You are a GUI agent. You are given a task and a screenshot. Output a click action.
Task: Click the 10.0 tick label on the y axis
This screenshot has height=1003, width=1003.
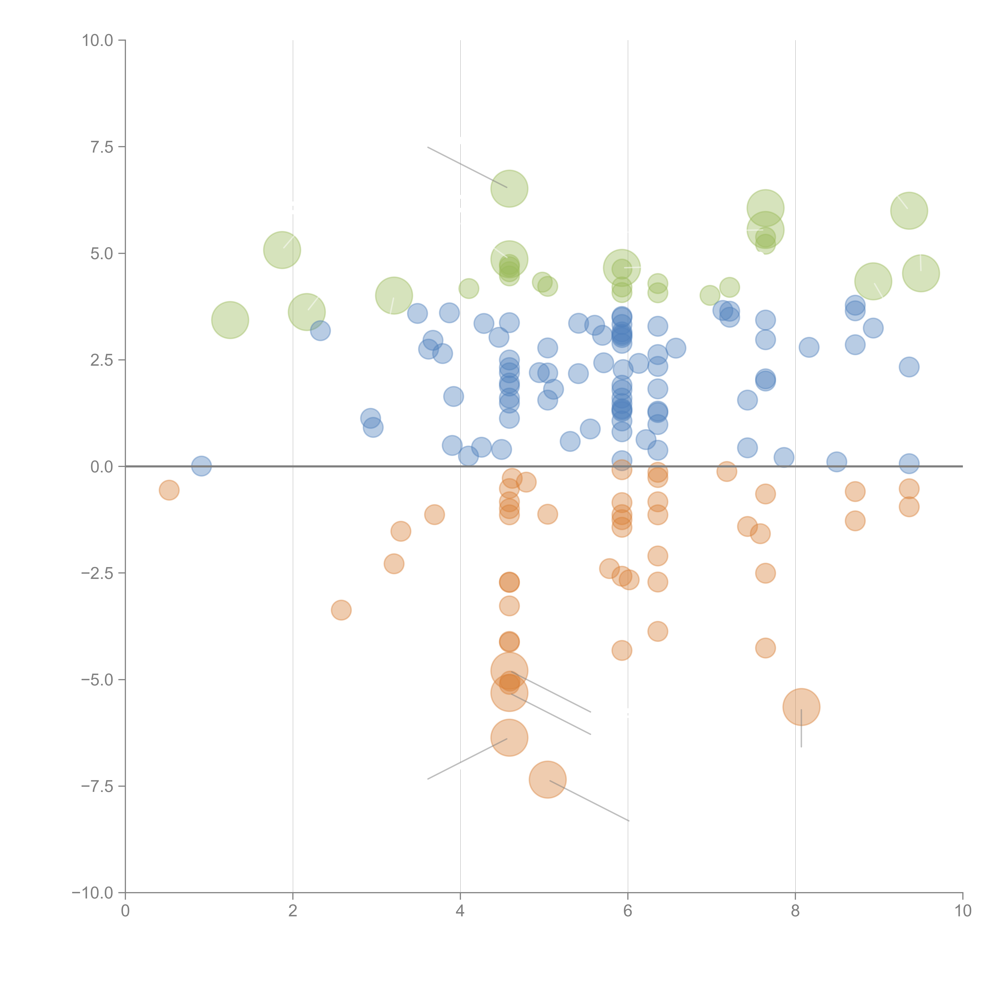click(98, 41)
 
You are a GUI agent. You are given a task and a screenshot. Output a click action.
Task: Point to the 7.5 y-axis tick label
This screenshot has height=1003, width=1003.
click(102, 147)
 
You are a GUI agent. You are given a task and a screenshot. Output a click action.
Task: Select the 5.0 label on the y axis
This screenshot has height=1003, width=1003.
click(102, 254)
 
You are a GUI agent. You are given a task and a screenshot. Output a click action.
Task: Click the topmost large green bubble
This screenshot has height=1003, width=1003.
click(509, 188)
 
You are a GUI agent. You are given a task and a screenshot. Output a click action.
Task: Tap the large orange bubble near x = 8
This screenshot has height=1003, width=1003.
click(801, 707)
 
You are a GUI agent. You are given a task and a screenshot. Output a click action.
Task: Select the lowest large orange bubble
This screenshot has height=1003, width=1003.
click(547, 780)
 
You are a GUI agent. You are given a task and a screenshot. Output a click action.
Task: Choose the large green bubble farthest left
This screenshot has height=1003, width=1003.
click(230, 320)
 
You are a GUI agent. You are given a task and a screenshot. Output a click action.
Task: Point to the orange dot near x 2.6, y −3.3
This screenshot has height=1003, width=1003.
click(341, 610)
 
